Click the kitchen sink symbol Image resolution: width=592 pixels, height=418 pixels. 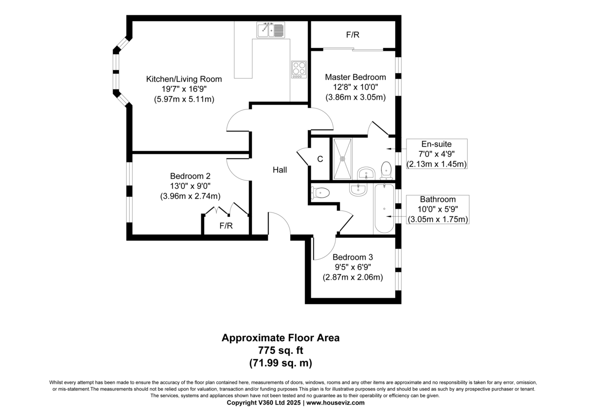pyautogui.click(x=271, y=31)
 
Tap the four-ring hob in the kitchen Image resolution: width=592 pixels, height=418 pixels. pyautogui.click(x=299, y=69)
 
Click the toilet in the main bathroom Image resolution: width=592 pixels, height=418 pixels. pyautogui.click(x=320, y=193)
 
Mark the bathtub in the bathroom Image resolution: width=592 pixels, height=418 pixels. pyautogui.click(x=384, y=209)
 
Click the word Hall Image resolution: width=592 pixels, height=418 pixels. pyautogui.click(x=280, y=170)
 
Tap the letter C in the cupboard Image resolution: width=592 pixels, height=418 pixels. pyautogui.click(x=320, y=159)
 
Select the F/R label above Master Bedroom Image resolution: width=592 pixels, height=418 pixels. pyautogui.click(x=352, y=35)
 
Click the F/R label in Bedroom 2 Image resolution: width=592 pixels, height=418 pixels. pyautogui.click(x=226, y=226)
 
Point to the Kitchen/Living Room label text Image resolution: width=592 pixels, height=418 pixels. pyautogui.click(x=184, y=79)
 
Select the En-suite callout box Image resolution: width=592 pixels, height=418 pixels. pyautogui.click(x=436, y=154)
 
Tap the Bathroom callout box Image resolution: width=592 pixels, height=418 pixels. pyautogui.click(x=438, y=209)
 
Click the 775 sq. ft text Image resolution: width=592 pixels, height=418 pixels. pyautogui.click(x=280, y=350)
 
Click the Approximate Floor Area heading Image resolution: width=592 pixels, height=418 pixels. pyautogui.click(x=280, y=338)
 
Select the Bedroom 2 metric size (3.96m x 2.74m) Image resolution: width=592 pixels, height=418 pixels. pyautogui.click(x=190, y=196)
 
